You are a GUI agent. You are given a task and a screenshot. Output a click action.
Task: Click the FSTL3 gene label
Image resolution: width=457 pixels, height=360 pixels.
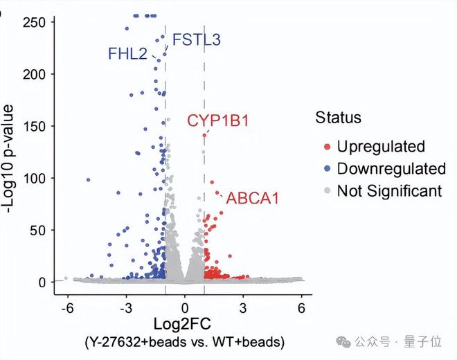[x=196, y=39]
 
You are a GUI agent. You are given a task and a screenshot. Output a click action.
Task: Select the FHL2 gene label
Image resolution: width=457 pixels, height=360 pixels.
[x=127, y=53]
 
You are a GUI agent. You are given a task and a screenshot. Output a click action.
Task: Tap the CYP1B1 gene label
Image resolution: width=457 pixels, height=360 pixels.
[x=217, y=120]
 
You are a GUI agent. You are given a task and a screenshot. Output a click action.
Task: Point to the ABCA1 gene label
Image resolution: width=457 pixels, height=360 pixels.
[x=253, y=199]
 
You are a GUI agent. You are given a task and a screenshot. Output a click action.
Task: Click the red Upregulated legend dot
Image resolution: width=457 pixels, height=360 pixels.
[x=327, y=146]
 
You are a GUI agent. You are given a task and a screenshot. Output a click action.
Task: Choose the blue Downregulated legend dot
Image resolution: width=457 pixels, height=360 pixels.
[x=327, y=168]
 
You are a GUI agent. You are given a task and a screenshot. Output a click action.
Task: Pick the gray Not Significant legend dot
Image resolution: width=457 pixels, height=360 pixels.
[x=327, y=191]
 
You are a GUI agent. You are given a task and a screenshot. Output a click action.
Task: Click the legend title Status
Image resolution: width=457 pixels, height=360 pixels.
[x=338, y=117]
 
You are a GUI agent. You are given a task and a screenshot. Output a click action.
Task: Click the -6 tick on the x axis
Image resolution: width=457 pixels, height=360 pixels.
[x=67, y=307]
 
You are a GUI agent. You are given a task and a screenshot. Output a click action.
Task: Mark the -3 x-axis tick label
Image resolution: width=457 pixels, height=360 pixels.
[x=125, y=307]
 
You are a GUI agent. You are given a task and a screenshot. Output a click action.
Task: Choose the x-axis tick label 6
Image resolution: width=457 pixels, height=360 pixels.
[x=301, y=307]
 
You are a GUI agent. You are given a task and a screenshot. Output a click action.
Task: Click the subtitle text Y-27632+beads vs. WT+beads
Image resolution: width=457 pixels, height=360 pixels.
[x=184, y=342]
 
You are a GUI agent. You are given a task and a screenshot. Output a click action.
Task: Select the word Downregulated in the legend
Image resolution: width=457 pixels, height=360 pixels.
[x=391, y=168]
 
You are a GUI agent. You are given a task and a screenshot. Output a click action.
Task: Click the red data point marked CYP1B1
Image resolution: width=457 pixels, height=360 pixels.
[x=204, y=134]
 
